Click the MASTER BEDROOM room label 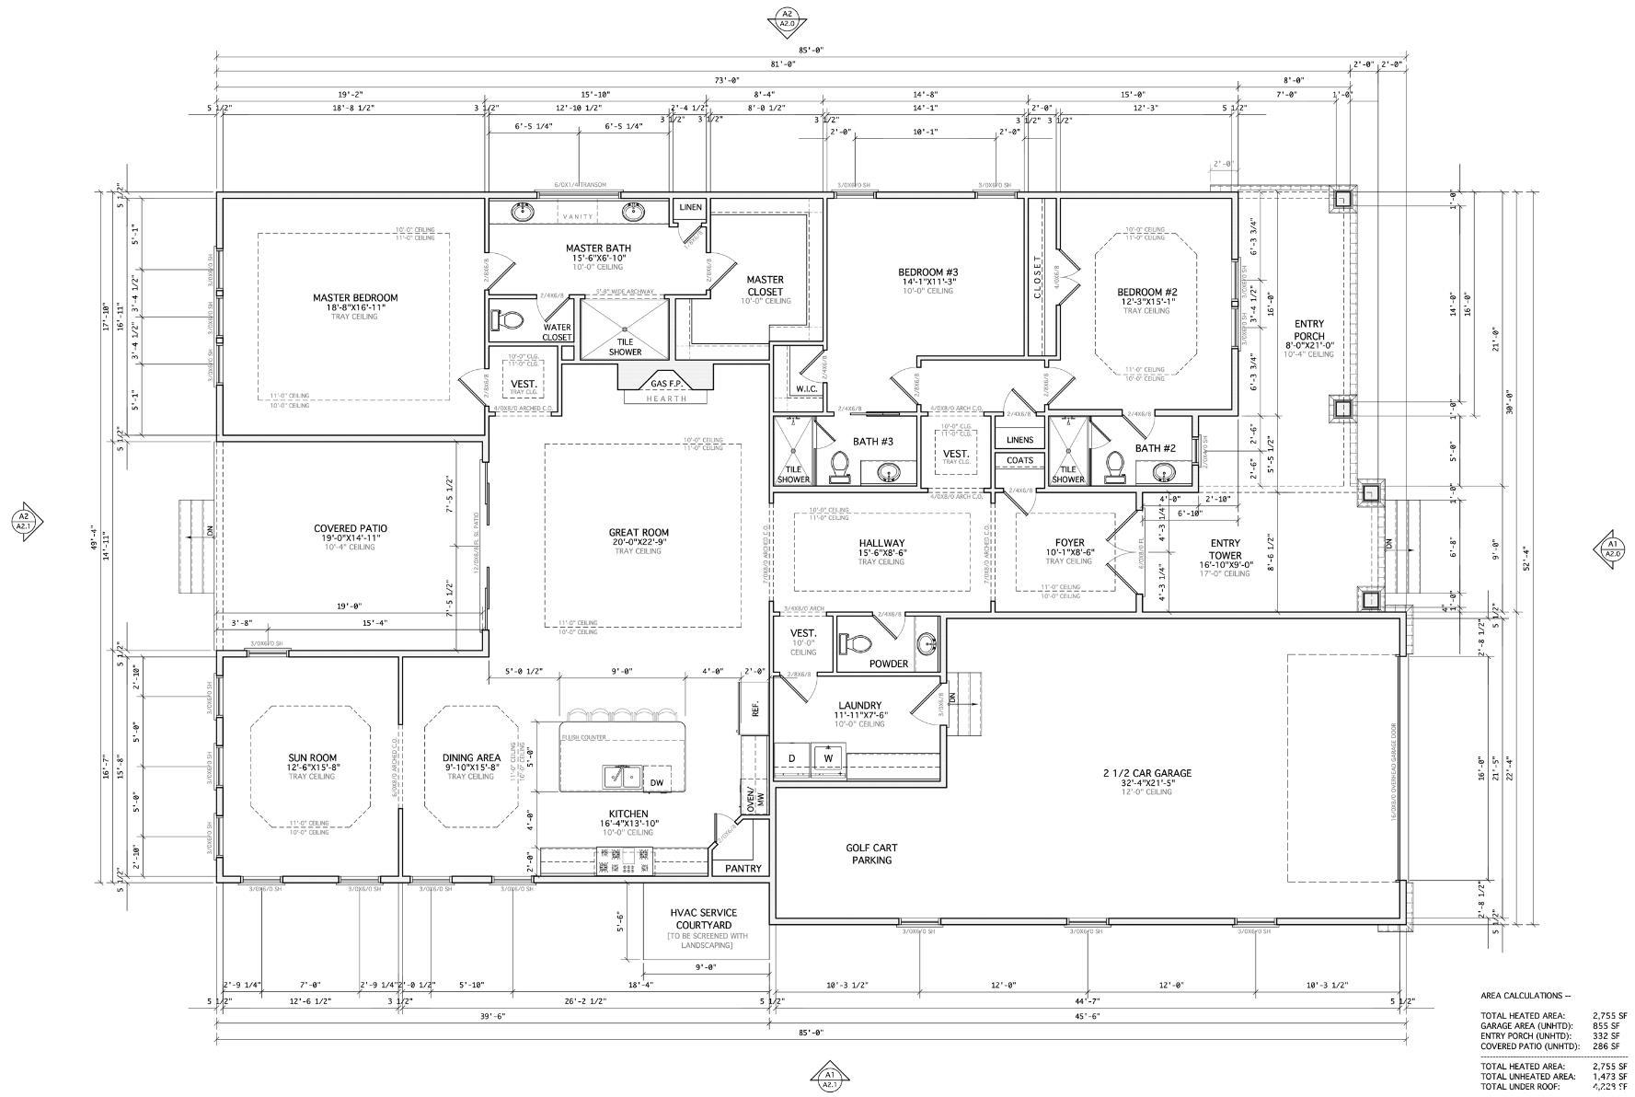tap(354, 297)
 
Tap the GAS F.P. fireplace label tap(665, 383)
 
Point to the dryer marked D tap(791, 758)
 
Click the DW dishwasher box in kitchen tap(656, 783)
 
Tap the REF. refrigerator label tap(754, 710)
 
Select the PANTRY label tap(743, 868)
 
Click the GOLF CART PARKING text tap(871, 854)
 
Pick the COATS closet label tap(1019, 460)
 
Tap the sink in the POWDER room tap(927, 643)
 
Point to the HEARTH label tap(665, 398)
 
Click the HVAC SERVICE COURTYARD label tap(705, 918)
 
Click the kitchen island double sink tap(622, 777)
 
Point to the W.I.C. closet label tap(806, 389)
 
